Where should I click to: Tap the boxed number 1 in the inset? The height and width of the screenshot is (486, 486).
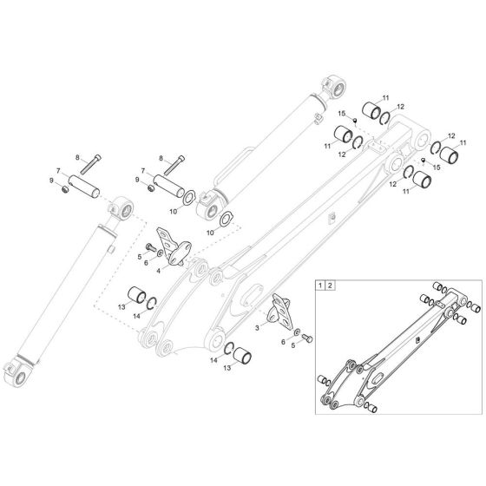(322, 285)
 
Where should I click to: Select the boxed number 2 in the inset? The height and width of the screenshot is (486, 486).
(332, 285)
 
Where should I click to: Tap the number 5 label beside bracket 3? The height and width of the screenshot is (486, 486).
(292, 345)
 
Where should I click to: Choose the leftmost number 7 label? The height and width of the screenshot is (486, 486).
(57, 171)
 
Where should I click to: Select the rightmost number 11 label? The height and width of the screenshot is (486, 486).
(463, 142)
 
